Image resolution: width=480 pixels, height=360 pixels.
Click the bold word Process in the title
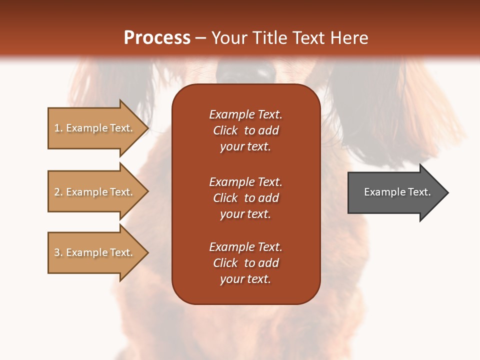click(x=157, y=38)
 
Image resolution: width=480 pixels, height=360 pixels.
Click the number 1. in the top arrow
click(x=58, y=128)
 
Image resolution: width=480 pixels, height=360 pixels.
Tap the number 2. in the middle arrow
click(x=58, y=192)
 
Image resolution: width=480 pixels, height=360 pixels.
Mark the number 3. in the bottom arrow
click(x=58, y=252)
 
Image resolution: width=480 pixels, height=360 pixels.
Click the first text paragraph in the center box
click(x=245, y=130)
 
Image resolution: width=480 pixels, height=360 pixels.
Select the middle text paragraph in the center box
click(x=245, y=198)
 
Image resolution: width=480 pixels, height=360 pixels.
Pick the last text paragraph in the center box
click(x=245, y=263)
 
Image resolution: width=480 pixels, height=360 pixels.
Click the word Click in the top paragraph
click(x=225, y=130)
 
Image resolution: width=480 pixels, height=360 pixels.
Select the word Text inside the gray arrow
click(x=419, y=192)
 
